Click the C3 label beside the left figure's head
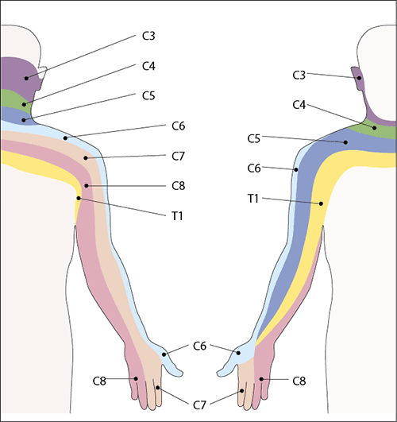(x=148, y=36)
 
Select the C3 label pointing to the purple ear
(x=299, y=75)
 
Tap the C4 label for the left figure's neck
(x=148, y=66)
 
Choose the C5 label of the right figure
(x=254, y=138)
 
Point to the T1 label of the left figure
(x=178, y=216)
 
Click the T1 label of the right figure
(x=253, y=199)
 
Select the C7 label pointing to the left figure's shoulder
(x=179, y=156)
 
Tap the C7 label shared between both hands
(x=199, y=405)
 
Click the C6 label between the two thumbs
(x=199, y=346)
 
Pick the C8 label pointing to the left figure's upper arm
(x=179, y=186)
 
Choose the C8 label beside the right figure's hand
(x=299, y=381)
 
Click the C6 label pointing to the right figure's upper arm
(x=254, y=168)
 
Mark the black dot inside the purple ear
(x=359, y=78)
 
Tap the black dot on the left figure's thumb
(x=164, y=354)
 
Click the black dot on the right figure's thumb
(x=238, y=353)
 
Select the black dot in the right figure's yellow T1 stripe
(x=321, y=203)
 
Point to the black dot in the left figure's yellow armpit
(x=79, y=198)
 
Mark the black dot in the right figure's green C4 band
(x=375, y=128)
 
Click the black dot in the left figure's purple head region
(x=26, y=79)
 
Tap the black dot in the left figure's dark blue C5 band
(x=24, y=120)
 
